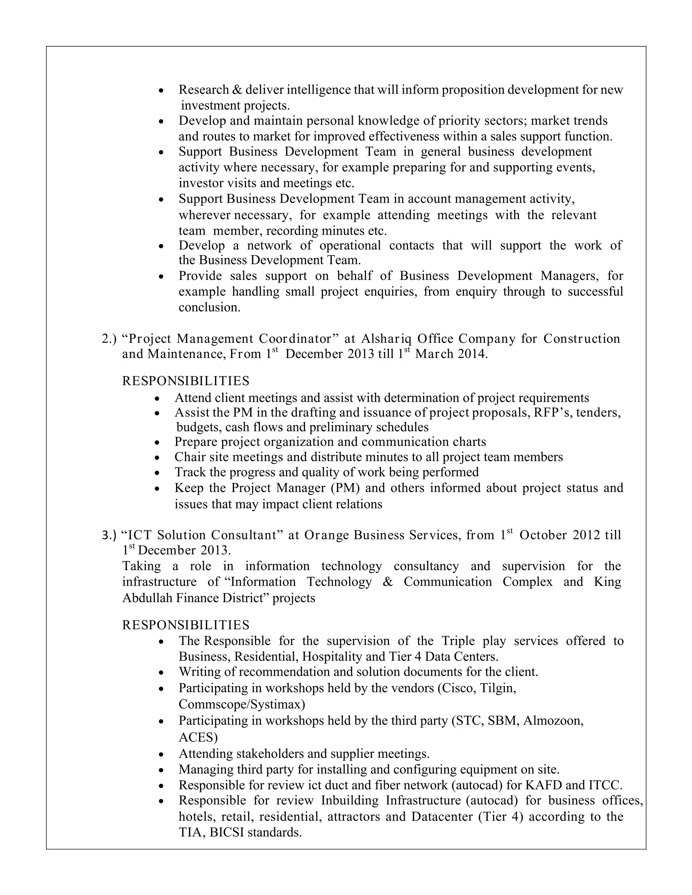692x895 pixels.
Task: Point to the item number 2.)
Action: coord(109,338)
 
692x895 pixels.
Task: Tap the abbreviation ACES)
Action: coord(198,737)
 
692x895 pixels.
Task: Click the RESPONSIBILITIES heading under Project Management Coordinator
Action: coord(186,381)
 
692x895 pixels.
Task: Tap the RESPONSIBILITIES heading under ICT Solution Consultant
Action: coord(186,624)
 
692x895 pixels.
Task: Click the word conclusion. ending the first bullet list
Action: coord(209,307)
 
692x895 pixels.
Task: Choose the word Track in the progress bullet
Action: coord(190,472)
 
